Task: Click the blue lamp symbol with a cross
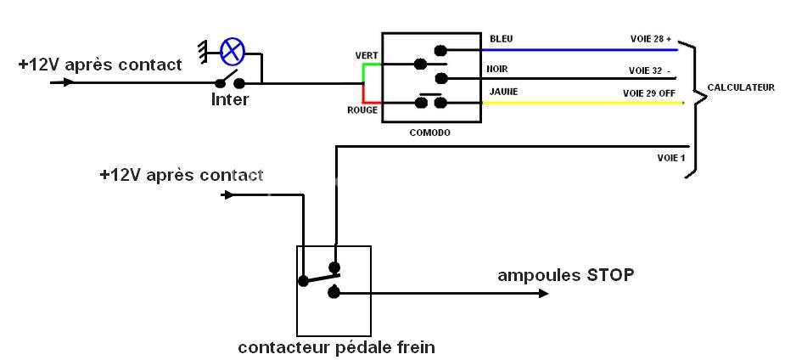click(x=232, y=52)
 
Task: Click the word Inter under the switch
click(x=230, y=100)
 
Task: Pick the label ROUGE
click(x=362, y=110)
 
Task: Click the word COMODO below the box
click(x=429, y=133)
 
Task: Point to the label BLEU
click(x=502, y=39)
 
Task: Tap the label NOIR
click(x=497, y=70)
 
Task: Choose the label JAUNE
click(x=502, y=92)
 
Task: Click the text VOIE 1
click(x=670, y=158)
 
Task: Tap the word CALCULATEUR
click(x=741, y=87)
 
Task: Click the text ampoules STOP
click(x=565, y=275)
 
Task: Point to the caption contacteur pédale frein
click(x=336, y=347)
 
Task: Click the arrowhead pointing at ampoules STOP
click(x=543, y=294)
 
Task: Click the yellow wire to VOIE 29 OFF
click(x=577, y=104)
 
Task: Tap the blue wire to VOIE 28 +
click(x=577, y=50)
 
